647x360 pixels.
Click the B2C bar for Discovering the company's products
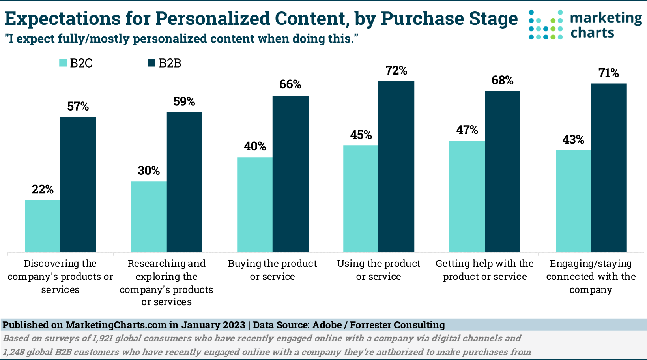tap(43, 226)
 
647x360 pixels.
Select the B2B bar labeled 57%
tap(78, 184)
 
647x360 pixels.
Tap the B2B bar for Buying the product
tap(290, 174)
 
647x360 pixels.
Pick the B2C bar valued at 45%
tap(361, 199)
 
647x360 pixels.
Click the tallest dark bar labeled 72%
tap(396, 167)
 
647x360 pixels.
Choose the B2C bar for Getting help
tap(467, 196)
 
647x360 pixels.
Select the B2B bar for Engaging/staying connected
tap(608, 168)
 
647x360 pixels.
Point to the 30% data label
tap(149, 171)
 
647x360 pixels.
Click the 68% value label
tap(502, 81)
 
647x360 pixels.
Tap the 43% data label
tap(573, 140)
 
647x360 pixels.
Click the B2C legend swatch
tap(63, 63)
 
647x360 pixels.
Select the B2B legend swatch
tap(152, 63)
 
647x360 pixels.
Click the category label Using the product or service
tap(378, 270)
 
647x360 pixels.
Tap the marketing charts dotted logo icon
tap(546, 25)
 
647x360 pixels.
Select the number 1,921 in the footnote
tap(104, 338)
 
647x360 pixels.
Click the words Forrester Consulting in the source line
tap(397, 325)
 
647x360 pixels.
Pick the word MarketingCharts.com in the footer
tap(116, 325)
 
